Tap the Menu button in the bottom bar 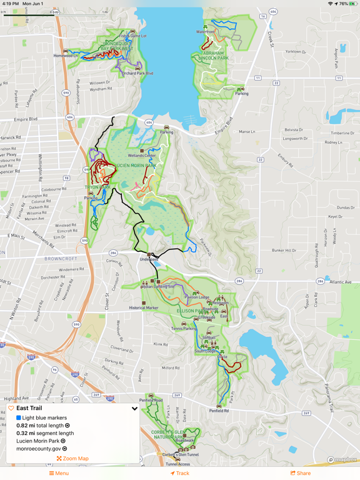[59, 473]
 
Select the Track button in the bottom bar [180, 473]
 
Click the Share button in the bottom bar [301, 473]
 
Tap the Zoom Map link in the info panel [72, 459]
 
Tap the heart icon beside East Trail [11, 408]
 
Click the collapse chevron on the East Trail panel [134, 409]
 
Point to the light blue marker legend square [19, 417]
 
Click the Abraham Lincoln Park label [213, 57]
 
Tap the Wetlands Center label [142, 155]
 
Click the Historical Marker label [144, 307]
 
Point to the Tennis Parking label [184, 328]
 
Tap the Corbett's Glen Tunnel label [180, 454]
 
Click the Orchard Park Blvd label [137, 73]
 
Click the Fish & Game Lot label [132, 36]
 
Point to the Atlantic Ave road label [340, 282]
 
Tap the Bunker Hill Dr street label [284, 250]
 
